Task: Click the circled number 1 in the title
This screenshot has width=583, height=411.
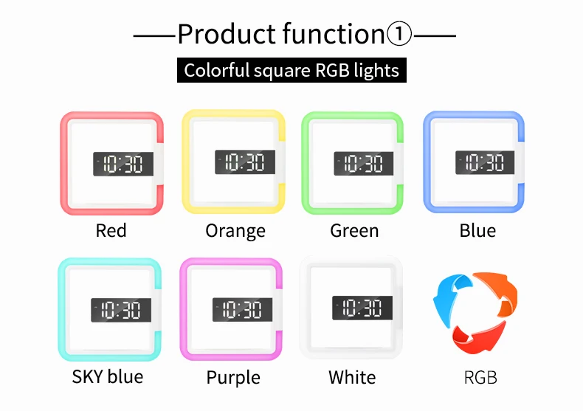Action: pos(399,34)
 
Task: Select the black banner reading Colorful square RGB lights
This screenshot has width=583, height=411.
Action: pos(291,70)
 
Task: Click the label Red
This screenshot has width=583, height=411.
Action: pos(111,230)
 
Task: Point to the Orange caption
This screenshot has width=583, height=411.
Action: pos(235,232)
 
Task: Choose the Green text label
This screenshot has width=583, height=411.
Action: pos(354,230)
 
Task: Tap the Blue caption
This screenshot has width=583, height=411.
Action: pos(477,230)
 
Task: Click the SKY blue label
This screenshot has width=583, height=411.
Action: pos(108,377)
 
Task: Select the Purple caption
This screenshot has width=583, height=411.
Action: pos(233,379)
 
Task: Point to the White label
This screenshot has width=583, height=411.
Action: pos(352,377)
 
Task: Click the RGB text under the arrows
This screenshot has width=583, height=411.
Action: pos(480,378)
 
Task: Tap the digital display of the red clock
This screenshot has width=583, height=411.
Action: pos(123,164)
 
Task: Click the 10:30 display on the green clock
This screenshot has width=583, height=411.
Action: pos(364,164)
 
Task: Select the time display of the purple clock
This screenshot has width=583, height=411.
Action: pos(242,310)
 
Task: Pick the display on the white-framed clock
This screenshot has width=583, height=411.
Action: pos(362,308)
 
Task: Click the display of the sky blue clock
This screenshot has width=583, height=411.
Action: pos(121,310)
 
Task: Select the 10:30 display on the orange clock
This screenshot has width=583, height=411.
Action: pos(245,162)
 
